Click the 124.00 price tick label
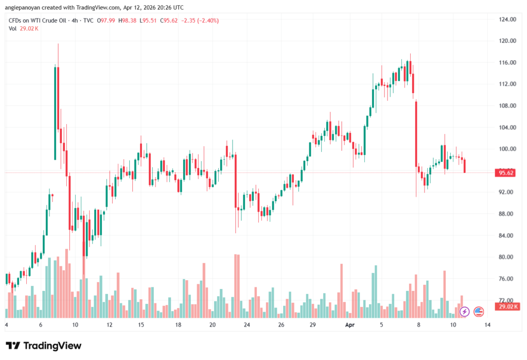[507, 19]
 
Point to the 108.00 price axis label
[507, 106]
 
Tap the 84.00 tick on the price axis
[507, 235]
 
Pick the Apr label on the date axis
[350, 325]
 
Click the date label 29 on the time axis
[313, 325]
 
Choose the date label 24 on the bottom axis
[247, 325]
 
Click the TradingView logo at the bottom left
[43, 345]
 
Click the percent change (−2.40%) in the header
[206, 21]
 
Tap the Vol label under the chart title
[12, 28]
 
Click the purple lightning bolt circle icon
[464, 311]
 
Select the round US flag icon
[479, 311]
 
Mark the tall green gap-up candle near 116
[55, 113]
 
